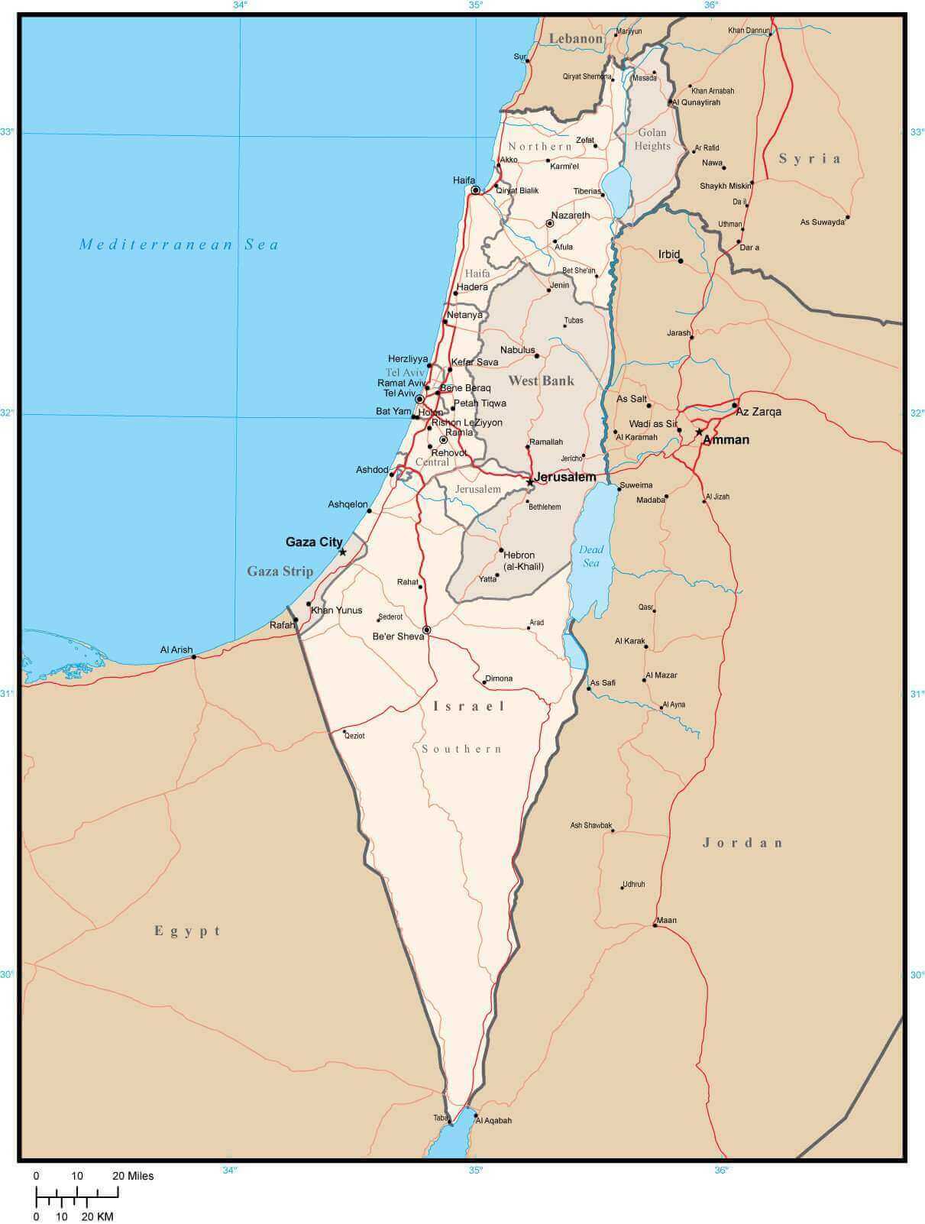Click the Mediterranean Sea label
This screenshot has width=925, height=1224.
pos(180,244)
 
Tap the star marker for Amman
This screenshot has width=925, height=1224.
pos(699,432)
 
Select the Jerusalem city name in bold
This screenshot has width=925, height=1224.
pos(565,477)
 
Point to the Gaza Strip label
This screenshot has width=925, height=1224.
pos(280,572)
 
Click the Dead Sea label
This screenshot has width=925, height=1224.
pos(591,555)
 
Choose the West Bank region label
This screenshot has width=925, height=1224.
pos(541,380)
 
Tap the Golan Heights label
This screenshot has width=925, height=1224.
pos(652,139)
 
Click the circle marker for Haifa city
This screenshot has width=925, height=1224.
pos(475,190)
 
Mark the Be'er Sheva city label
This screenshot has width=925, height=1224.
pos(397,636)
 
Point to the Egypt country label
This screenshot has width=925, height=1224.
pos(188,931)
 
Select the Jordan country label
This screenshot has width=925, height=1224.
pos(742,843)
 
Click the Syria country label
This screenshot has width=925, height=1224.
pos(810,159)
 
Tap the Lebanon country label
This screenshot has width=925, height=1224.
pos(576,38)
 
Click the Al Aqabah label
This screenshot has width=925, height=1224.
pos(493,1121)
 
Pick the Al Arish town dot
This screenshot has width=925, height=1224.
pos(194,657)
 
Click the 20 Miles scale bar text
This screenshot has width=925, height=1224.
pos(134,1176)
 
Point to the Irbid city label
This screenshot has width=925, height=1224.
pos(669,254)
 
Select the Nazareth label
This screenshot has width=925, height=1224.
pos(571,215)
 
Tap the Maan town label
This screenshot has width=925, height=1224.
pos(666,920)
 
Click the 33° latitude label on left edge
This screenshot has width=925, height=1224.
pos(7,131)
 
